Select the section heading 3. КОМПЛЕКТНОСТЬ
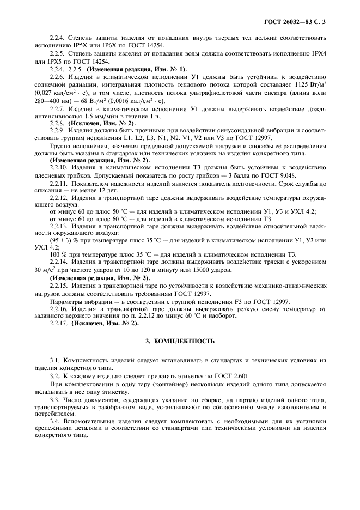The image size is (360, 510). coord(180,342)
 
